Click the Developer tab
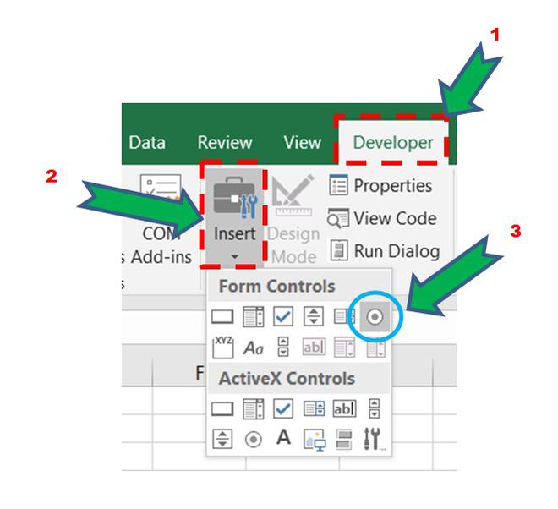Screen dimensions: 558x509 pos(393,143)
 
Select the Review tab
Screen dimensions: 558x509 pos(225,142)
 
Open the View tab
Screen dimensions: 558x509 pos(303,142)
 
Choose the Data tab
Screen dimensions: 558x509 pos(147,142)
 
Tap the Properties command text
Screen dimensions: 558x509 pos(393,186)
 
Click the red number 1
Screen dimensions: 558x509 pos(495,35)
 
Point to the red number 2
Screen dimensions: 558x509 pos(52,176)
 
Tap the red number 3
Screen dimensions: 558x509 pos(516,231)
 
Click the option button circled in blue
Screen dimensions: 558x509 pos(375,316)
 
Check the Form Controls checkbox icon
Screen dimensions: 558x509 pos(283,316)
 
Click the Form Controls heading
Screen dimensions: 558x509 pos(276,286)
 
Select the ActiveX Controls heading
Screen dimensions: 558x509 pos(287,379)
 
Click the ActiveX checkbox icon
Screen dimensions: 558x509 pos(283,408)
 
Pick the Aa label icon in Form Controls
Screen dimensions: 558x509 pos(254,348)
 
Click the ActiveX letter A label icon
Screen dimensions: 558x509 pos(283,437)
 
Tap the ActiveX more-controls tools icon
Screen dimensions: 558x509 pos(374,439)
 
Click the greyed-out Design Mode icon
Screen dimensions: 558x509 pos(293,195)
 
